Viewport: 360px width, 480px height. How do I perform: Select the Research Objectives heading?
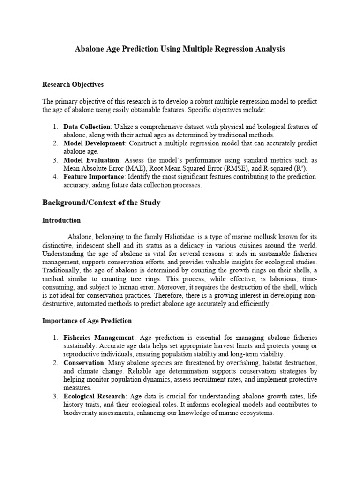[73, 85]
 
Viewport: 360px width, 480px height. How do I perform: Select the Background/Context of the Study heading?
[102, 202]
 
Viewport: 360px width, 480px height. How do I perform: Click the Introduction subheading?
[61, 220]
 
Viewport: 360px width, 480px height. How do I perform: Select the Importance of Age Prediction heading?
[87, 321]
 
